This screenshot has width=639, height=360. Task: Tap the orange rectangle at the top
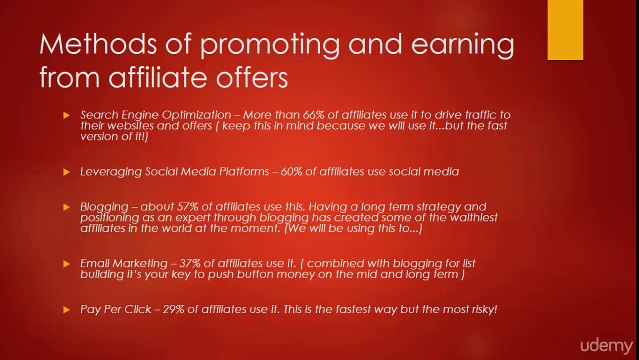(565, 30)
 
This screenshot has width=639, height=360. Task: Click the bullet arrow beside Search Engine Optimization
(66, 115)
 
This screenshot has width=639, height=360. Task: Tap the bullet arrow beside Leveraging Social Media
(66, 172)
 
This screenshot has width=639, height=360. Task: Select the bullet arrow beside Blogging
(66, 207)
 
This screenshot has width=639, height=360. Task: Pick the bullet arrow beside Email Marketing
(66, 263)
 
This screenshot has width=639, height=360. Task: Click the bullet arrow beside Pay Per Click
(66, 310)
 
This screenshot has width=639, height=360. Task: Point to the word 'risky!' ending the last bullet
(481, 310)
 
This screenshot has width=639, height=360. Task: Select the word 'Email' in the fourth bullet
(96, 263)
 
